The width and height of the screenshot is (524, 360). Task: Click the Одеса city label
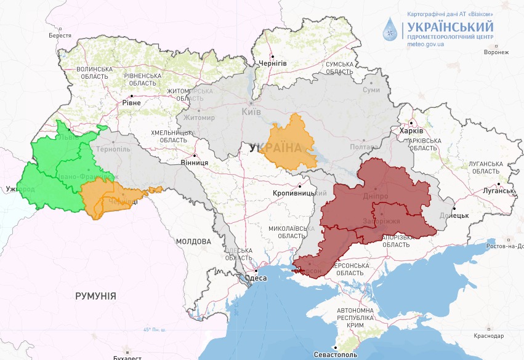tap(256, 278)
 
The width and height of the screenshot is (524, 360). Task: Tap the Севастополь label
tap(336, 355)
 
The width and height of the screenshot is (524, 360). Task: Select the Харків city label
tap(411, 131)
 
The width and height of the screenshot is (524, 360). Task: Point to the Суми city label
tap(371, 90)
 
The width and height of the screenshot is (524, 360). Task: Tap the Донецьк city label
tap(454, 217)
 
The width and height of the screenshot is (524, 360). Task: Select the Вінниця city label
tap(194, 162)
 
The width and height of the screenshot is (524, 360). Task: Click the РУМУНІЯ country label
tap(95, 296)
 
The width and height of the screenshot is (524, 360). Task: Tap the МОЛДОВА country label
tap(193, 241)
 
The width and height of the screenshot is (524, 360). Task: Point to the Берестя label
tap(60, 36)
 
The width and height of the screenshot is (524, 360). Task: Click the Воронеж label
tap(496, 52)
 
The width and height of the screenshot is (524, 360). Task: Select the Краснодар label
tap(490, 336)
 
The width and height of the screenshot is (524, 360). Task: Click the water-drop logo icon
tap(390, 28)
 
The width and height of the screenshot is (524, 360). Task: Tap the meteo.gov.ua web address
tap(425, 45)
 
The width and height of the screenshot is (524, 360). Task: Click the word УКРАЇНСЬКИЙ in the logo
tap(449, 26)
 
